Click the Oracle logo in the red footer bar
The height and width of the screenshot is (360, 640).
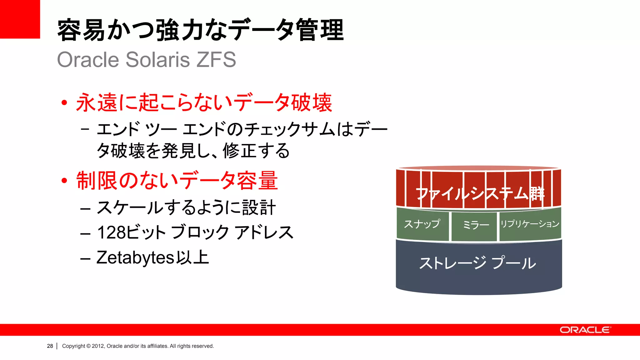[x=585, y=330]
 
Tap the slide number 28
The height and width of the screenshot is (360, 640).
[x=50, y=346]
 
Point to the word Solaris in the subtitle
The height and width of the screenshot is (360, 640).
[x=158, y=59]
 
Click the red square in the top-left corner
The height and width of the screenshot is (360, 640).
[x=20, y=19]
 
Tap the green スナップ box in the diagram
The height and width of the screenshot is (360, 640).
[x=422, y=224]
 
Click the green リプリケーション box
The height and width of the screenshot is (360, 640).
[x=530, y=224]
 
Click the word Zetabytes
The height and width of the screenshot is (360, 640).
[x=135, y=258]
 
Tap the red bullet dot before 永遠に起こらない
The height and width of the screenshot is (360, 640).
[x=64, y=102]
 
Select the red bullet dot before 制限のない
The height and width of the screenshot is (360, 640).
[x=64, y=181]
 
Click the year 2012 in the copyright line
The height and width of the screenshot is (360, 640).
[x=98, y=346]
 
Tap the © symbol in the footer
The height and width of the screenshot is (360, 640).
[x=88, y=346]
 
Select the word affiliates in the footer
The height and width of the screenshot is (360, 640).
[x=157, y=346]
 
